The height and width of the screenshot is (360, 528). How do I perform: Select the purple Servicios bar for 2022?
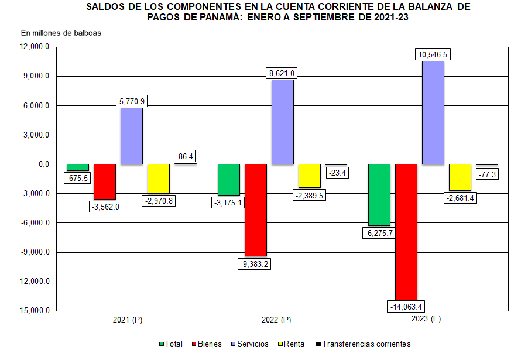click(282, 122)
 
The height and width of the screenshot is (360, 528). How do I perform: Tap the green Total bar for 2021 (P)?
click(78, 167)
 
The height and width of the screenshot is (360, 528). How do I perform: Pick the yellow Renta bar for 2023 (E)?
click(460, 177)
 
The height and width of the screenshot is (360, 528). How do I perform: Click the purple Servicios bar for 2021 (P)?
click(132, 136)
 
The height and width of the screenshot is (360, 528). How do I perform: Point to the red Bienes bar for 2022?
click(256, 210)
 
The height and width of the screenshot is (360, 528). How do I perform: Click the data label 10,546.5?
click(433, 55)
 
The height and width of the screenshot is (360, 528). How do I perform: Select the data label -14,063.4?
click(406, 306)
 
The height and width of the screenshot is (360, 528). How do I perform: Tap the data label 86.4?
click(185, 156)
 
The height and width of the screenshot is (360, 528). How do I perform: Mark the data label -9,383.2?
click(255, 263)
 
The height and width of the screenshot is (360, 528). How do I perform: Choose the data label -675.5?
click(77, 178)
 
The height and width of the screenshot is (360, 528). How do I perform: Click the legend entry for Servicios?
click(250, 344)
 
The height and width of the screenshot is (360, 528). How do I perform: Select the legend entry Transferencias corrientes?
click(362, 344)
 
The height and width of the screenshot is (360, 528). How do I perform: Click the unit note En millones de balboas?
click(61, 33)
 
